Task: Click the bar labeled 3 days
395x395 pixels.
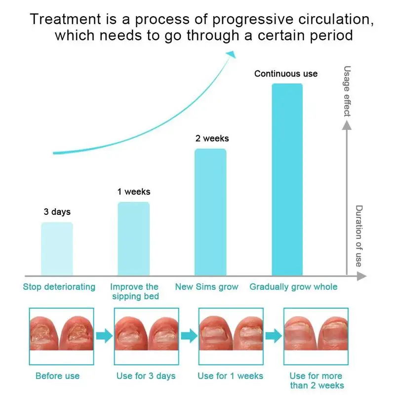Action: tap(57, 249)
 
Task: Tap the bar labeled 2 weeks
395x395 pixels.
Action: tap(210, 212)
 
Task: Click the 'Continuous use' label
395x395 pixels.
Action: tap(286, 74)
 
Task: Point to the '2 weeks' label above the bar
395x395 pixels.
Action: tap(212, 139)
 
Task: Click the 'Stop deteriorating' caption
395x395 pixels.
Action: tap(59, 287)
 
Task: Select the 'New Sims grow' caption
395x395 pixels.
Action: tap(207, 287)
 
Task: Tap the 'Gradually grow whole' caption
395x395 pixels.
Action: tap(293, 287)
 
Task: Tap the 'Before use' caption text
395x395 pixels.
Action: tap(57, 376)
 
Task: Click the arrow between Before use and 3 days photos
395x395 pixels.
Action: tap(103, 336)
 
